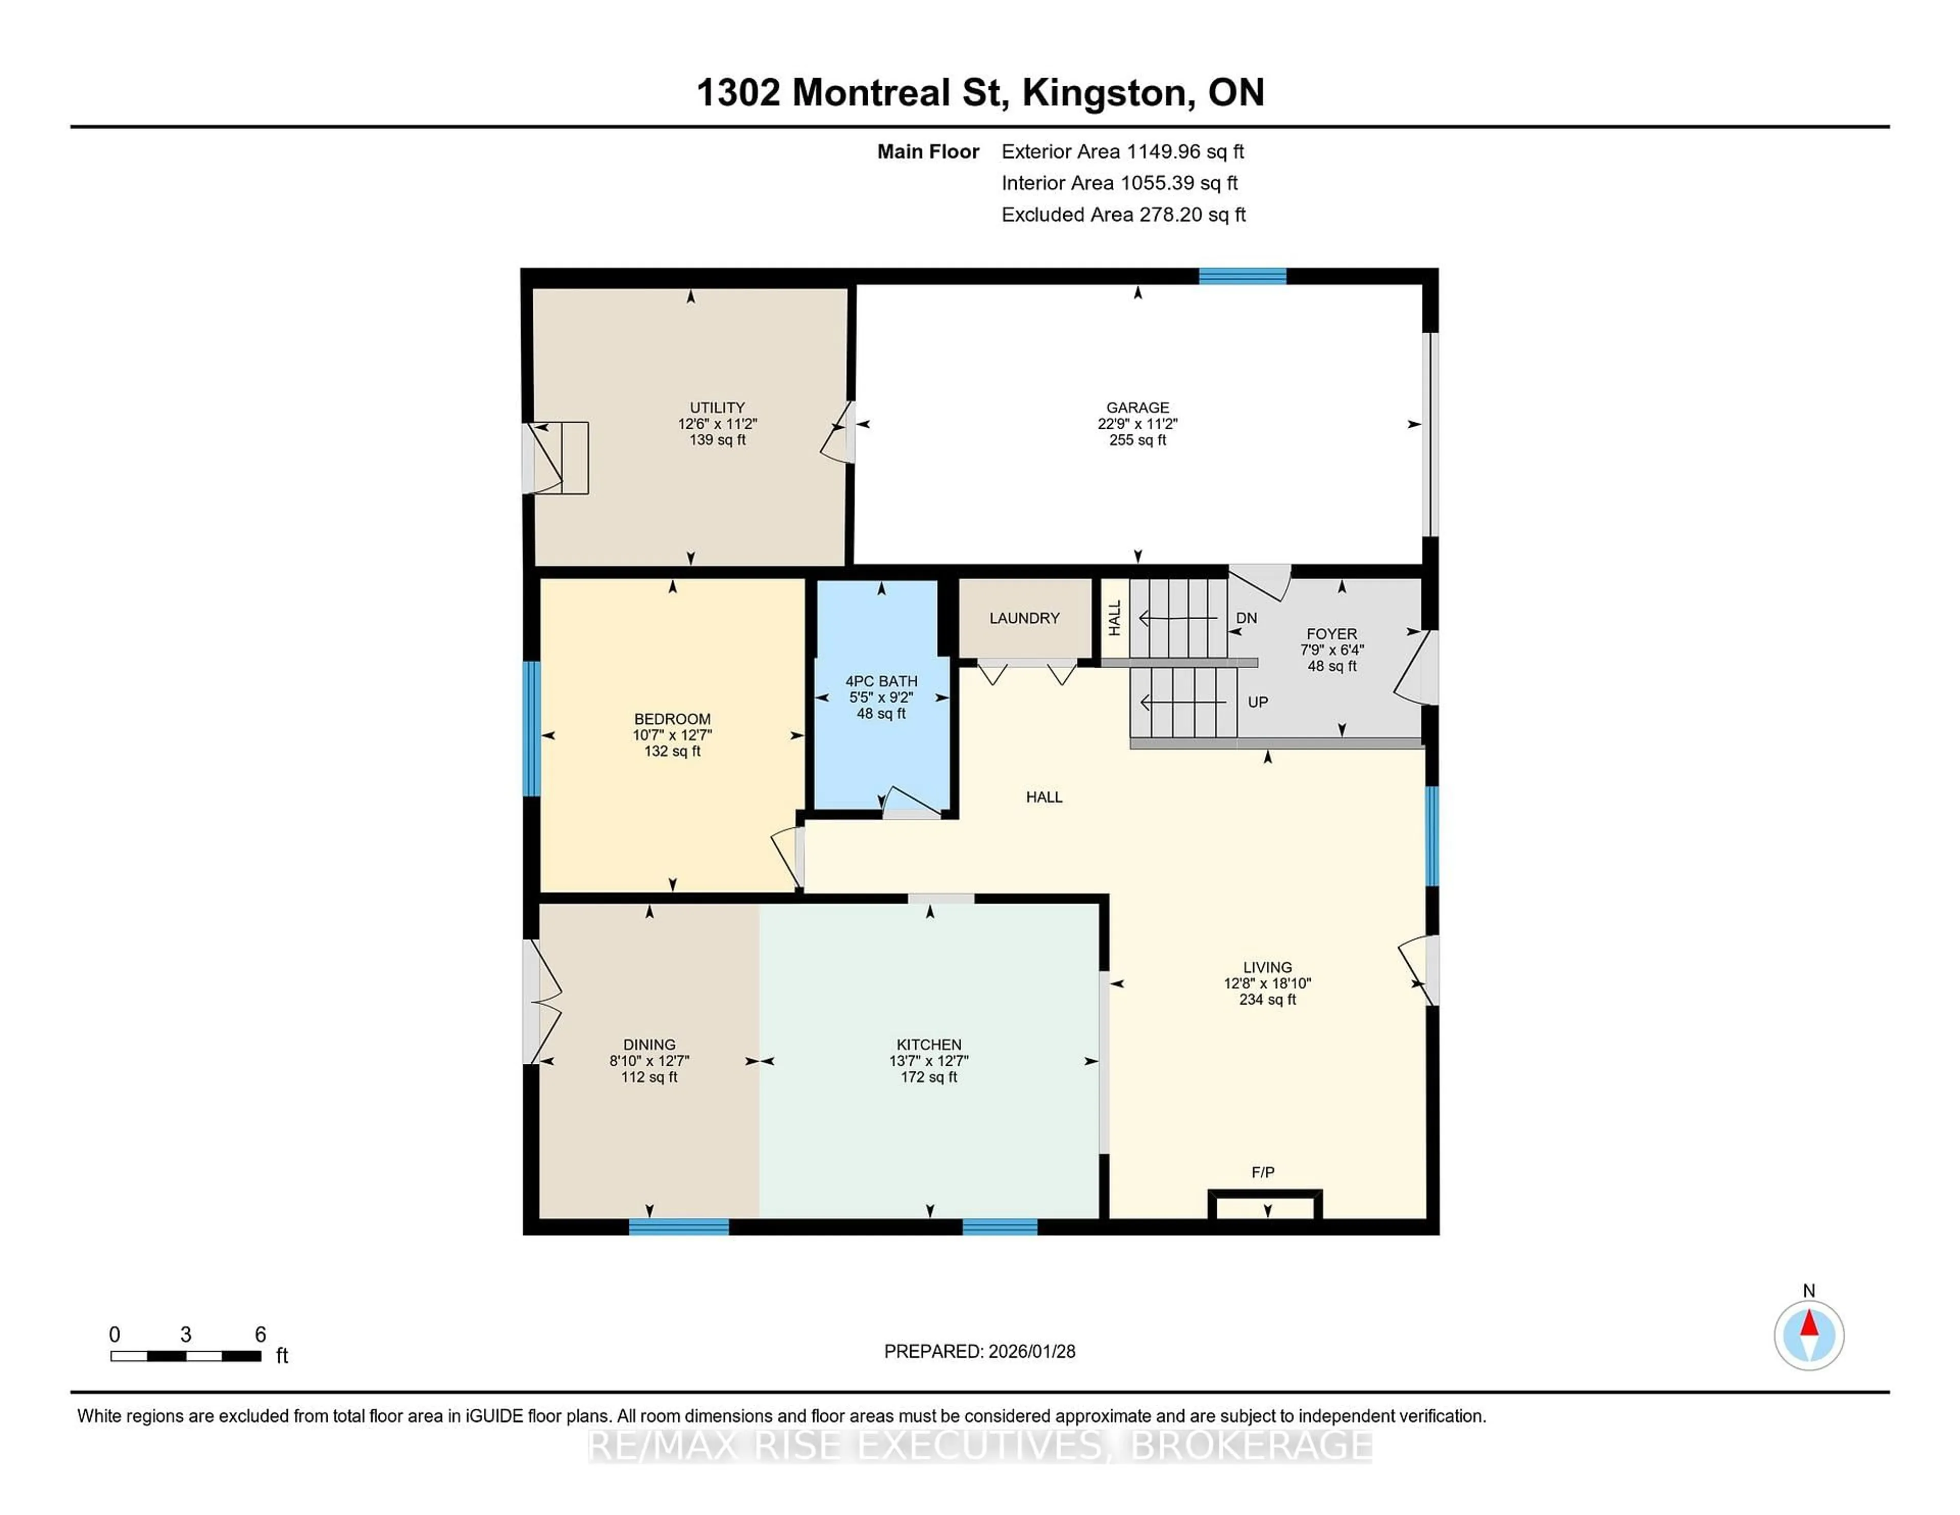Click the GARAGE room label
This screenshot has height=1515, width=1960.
pos(1137,407)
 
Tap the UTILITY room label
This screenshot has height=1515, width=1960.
pos(717,407)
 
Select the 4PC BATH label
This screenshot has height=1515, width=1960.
pos(880,681)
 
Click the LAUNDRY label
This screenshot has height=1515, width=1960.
pos(1024,618)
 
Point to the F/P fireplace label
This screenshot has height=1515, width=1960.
pos(1263,1172)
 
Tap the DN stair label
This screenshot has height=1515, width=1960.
pos(1246,618)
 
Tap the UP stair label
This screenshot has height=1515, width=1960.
pos(1257,702)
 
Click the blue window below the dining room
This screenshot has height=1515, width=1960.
pos(678,1227)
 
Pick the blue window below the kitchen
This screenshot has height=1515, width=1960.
pos(1000,1227)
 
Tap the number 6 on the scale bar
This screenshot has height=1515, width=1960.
pos(260,1335)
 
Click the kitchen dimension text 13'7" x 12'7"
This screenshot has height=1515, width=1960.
pos(929,1061)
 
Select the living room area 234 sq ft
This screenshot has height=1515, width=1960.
pos(1267,1000)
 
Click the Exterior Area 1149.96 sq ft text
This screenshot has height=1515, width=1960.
pos(1123,152)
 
